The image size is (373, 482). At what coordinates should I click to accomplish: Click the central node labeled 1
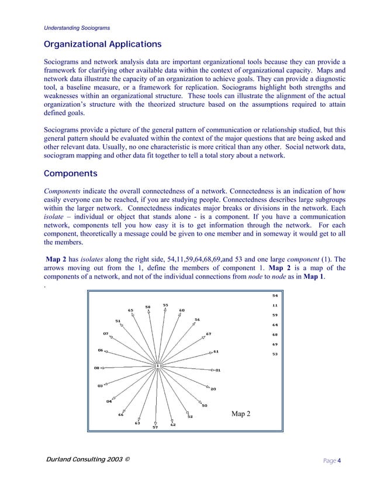point(157,366)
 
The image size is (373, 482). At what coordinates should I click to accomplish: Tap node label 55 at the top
point(165,305)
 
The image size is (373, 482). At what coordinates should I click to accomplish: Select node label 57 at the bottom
point(155,427)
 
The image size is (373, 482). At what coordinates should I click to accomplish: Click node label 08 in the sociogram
point(97,368)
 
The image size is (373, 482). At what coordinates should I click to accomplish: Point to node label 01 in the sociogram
point(218,370)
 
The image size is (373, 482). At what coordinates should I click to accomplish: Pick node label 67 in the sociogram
point(208,334)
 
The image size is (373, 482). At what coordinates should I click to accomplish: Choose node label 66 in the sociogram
point(120,414)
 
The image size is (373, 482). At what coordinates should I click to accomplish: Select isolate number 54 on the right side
point(275,296)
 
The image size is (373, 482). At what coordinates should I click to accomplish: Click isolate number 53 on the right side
point(275,354)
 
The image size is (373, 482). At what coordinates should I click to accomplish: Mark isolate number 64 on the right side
point(275,324)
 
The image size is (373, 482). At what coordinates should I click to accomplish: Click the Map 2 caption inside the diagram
point(241,414)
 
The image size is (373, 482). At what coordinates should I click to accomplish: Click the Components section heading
point(70,174)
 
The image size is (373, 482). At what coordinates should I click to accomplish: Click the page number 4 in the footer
point(339,460)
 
